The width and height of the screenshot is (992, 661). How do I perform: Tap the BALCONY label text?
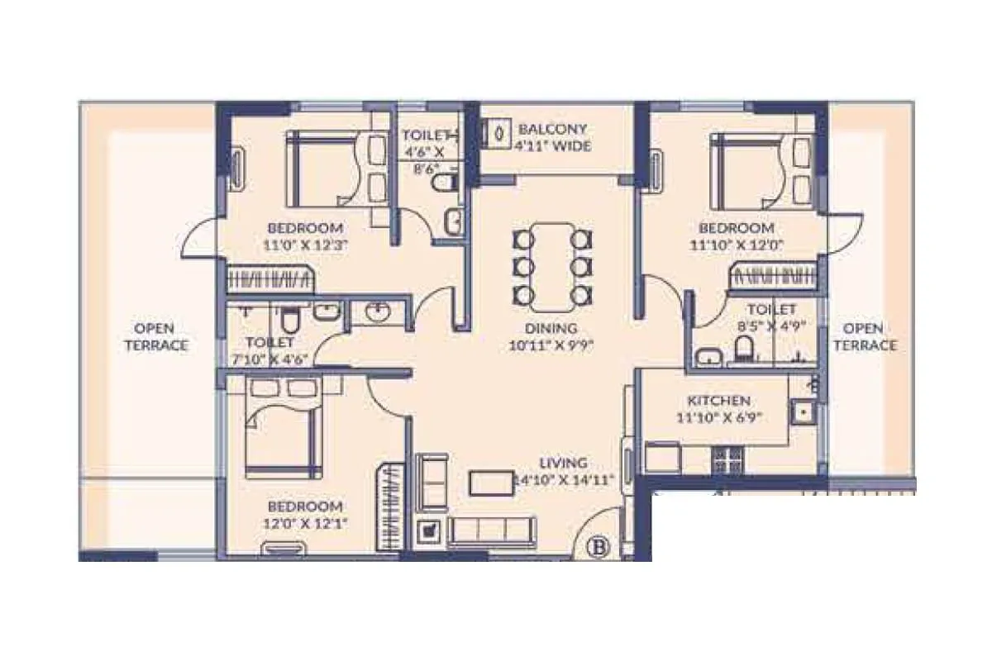552,130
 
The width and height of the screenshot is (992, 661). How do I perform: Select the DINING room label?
552,328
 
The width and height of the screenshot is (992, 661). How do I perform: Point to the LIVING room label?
564,463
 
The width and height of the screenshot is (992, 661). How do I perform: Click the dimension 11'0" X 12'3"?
304,245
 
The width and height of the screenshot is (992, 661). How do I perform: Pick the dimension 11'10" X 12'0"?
737,245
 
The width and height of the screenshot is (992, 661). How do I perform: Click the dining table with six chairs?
553,264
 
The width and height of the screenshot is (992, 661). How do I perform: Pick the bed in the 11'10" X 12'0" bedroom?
748,169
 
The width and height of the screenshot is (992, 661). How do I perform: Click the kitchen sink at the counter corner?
802,411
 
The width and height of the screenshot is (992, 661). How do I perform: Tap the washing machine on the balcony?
497,134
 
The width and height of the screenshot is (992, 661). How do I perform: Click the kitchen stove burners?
727,459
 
